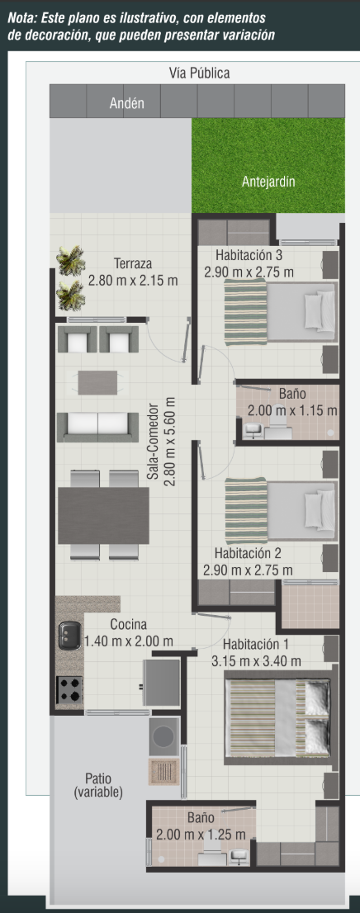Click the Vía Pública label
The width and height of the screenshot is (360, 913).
tap(199, 73)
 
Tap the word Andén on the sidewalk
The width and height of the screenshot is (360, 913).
tap(126, 104)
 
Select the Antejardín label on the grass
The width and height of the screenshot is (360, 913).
tap(268, 182)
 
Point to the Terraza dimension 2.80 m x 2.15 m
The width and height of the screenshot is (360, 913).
tap(133, 281)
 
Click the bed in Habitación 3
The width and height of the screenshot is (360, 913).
tap(280, 312)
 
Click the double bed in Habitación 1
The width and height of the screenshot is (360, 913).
tap(279, 717)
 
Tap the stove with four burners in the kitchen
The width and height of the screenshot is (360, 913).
tap(69, 689)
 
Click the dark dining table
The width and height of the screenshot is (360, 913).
tap(103, 516)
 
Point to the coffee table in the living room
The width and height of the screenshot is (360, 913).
tap(98, 382)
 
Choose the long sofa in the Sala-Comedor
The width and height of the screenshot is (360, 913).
tap(97, 427)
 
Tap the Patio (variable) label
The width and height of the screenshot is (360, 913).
tap(98, 786)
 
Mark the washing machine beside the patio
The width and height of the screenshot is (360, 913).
tap(163, 736)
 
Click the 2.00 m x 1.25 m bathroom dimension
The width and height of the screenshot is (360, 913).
tap(201, 835)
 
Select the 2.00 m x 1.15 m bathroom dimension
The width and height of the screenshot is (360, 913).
tap(292, 410)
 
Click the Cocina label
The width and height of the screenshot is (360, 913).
tap(128, 625)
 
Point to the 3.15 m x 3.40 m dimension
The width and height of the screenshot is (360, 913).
tap(256, 661)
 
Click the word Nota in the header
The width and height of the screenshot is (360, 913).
tap(21, 18)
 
